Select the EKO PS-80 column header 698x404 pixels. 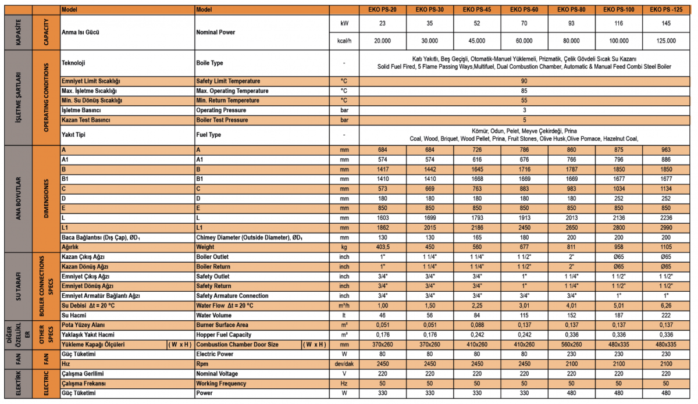(571, 9)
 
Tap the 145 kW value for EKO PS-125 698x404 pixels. (666, 24)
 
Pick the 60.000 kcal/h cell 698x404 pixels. (523, 41)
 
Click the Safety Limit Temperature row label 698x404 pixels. (228, 81)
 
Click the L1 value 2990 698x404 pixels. (666, 227)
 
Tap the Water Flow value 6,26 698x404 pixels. (666, 305)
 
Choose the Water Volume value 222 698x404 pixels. (666, 315)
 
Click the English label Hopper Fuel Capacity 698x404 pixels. (224, 335)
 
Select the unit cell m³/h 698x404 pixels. (344, 305)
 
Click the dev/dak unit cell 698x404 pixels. (344, 364)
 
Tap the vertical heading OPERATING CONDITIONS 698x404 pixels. (47, 98)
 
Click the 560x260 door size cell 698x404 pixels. (571, 345)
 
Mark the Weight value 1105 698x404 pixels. (666, 247)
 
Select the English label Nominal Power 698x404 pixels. (216, 32)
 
